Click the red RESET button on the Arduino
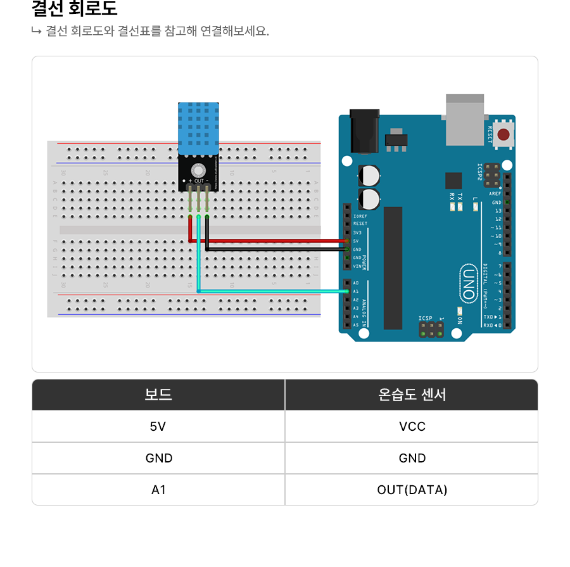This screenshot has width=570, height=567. click(x=503, y=134)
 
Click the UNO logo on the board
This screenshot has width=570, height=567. click(x=467, y=283)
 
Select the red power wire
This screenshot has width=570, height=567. click(x=272, y=241)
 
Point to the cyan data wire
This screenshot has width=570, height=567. click(x=272, y=291)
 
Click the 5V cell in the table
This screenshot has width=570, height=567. click(x=158, y=426)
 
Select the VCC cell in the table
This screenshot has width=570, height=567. click(x=412, y=426)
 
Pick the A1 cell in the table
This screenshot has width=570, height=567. click(x=158, y=490)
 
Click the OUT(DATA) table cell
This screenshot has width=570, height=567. click(x=412, y=490)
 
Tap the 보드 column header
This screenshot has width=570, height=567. click(x=158, y=395)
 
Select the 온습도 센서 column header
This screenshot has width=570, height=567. click(x=412, y=395)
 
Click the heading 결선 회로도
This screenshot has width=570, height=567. click(x=74, y=10)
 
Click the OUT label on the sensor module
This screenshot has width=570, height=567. click(x=199, y=181)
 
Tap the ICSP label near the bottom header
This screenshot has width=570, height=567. click(x=425, y=318)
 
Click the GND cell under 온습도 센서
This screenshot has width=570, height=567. click(x=412, y=458)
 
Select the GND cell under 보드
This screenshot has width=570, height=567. click(x=158, y=458)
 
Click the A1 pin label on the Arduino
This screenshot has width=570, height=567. click(x=356, y=291)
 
